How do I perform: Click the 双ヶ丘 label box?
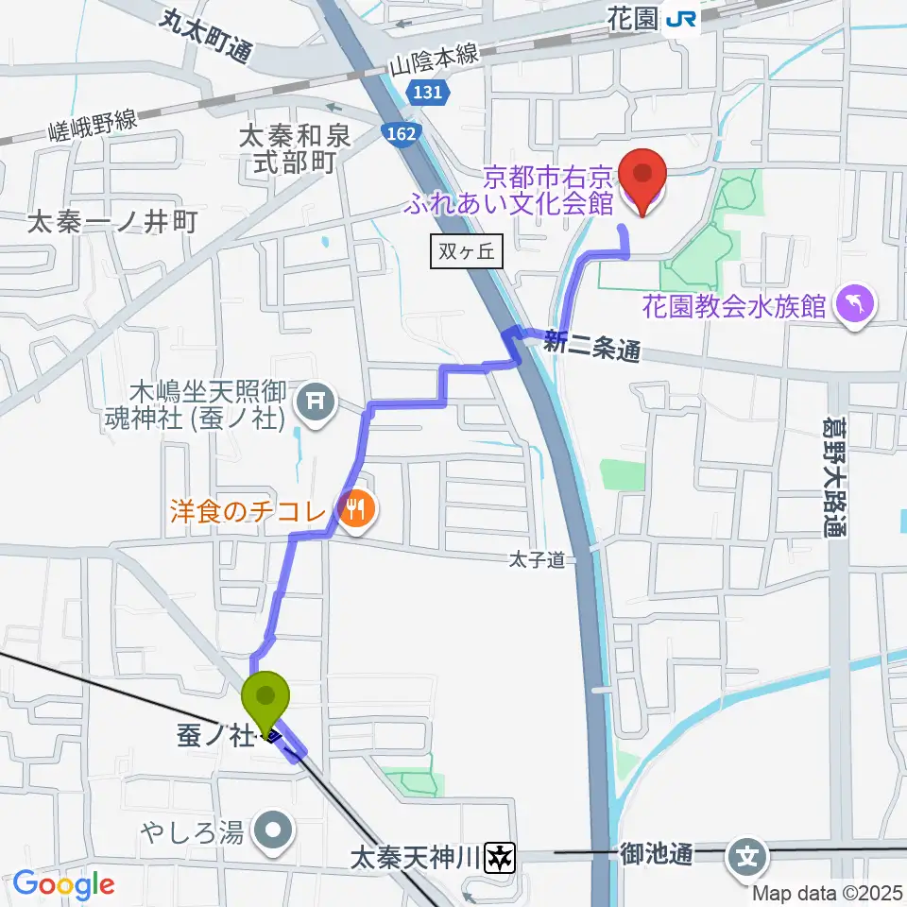click(x=466, y=252)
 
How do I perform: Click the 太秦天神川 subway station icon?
click(x=500, y=858)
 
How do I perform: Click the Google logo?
click(x=64, y=885)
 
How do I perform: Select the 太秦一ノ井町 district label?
click(x=112, y=222)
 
